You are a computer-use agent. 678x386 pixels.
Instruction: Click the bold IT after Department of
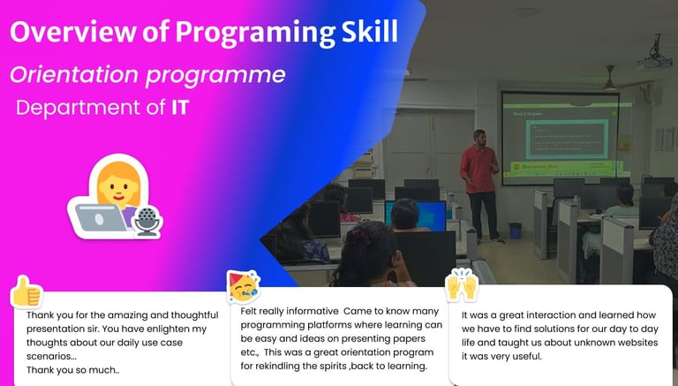(x=180, y=107)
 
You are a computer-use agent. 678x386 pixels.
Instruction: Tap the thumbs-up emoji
(x=26, y=291)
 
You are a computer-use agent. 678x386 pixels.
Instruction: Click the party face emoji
(x=244, y=285)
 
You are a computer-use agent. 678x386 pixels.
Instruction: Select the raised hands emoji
(x=462, y=284)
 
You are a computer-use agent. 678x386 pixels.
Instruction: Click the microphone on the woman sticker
(x=147, y=221)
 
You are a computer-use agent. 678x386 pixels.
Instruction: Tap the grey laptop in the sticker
(x=101, y=217)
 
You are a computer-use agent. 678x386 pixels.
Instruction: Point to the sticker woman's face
(x=118, y=189)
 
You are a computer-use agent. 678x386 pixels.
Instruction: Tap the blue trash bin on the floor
(x=515, y=231)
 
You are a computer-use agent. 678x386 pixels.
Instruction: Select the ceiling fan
(x=611, y=79)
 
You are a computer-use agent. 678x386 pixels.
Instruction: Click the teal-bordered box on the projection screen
(x=568, y=140)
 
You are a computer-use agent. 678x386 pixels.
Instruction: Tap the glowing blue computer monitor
(x=416, y=215)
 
